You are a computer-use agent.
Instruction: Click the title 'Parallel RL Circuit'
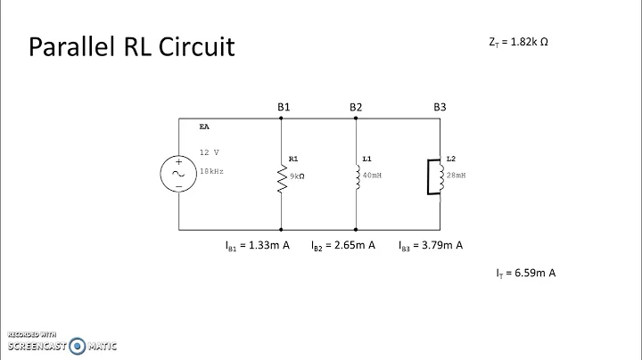pyautogui.click(x=133, y=46)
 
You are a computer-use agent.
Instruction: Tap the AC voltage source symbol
pyautogui.click(x=178, y=175)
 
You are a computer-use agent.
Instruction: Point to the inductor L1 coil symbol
pyautogui.click(x=356, y=176)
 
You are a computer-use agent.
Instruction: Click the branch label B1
pyautogui.click(x=284, y=107)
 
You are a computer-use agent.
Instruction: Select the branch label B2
pyautogui.click(x=356, y=107)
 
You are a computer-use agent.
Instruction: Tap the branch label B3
pyautogui.click(x=440, y=107)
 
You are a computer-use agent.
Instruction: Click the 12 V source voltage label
pyautogui.click(x=210, y=152)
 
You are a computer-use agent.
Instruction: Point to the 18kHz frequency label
pyautogui.click(x=211, y=169)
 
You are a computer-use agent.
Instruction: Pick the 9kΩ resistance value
pyautogui.click(x=296, y=176)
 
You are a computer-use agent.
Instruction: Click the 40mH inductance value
pyautogui.click(x=371, y=176)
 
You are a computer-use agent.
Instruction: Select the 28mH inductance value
pyautogui.click(x=455, y=176)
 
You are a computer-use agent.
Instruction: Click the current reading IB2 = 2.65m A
pyautogui.click(x=342, y=245)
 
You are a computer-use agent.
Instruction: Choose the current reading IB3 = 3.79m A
pyautogui.click(x=431, y=245)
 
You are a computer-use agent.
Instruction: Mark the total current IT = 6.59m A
pyautogui.click(x=526, y=274)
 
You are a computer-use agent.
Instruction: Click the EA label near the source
pyautogui.click(x=204, y=127)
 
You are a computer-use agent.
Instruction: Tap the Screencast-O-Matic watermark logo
pyautogui.click(x=62, y=341)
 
